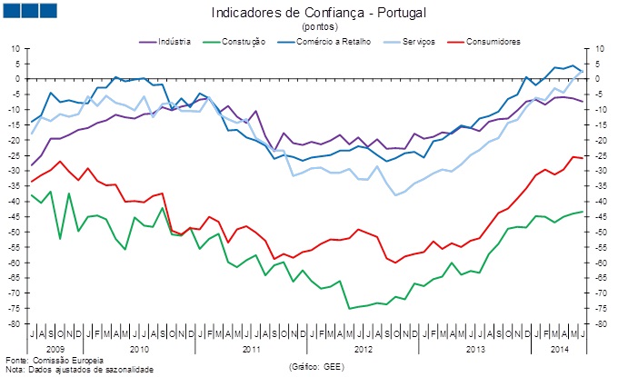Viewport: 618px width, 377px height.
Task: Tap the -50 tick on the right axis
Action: click(600, 232)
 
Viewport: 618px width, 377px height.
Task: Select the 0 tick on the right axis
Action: click(597, 78)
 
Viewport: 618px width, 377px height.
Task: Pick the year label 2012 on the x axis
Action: click(364, 348)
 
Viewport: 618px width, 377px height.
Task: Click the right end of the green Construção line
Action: click(583, 212)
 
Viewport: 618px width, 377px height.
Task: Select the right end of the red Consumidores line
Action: click(583, 158)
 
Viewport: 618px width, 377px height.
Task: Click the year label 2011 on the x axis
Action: click(253, 348)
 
